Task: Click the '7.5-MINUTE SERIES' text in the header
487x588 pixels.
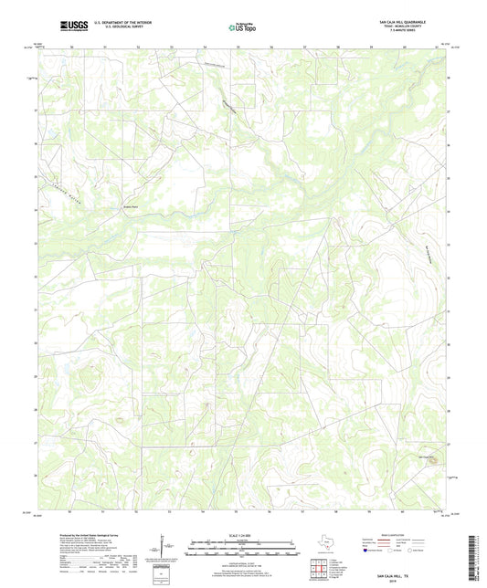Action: pos(418,36)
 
